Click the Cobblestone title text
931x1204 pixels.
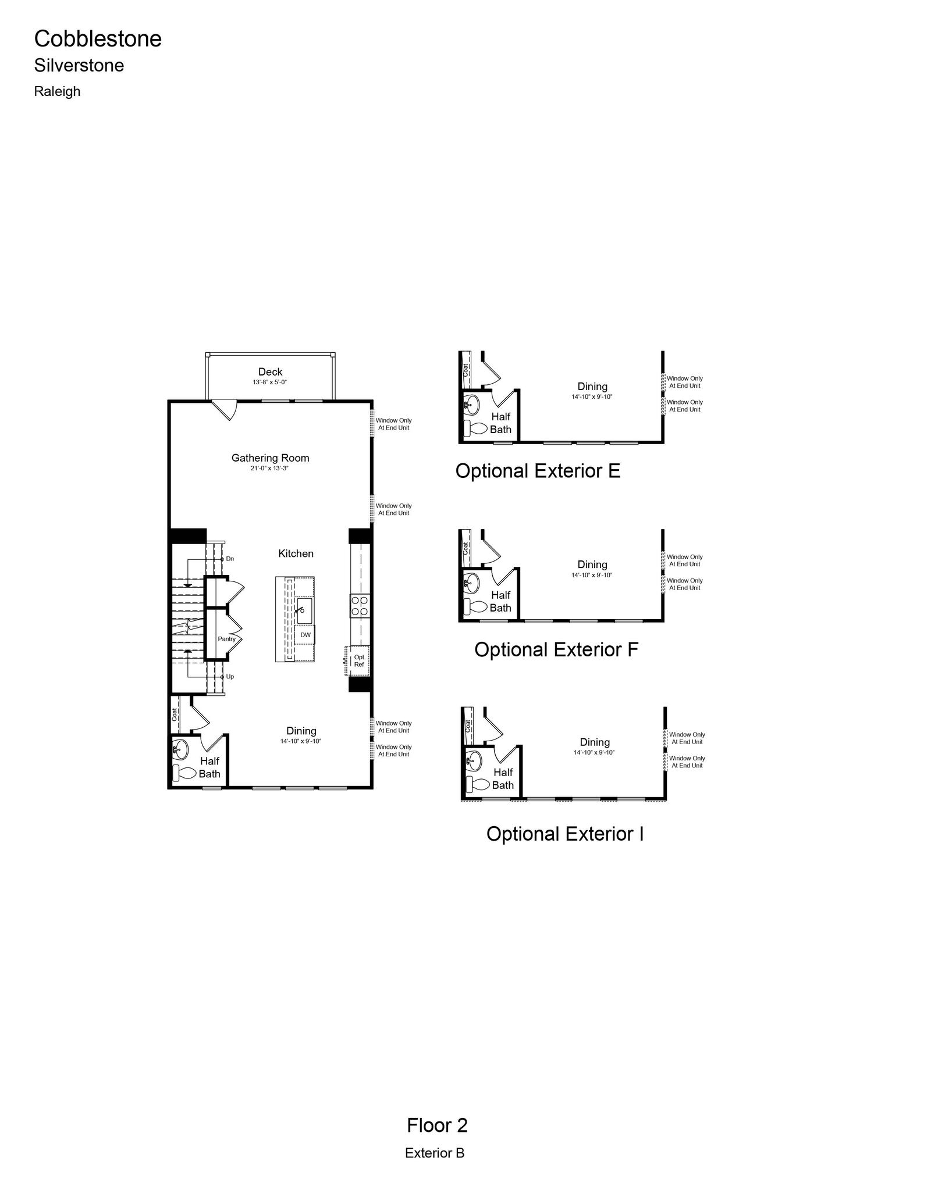[x=98, y=39]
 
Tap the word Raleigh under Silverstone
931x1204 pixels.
[x=57, y=91]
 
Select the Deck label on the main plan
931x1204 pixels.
[x=270, y=371]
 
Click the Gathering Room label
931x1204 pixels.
[x=270, y=458]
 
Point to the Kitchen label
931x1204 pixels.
[x=296, y=553]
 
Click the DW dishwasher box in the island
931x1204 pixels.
[x=305, y=635]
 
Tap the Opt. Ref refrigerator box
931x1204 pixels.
[x=358, y=661]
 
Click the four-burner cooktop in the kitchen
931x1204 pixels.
[x=360, y=606]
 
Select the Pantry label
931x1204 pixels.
[x=227, y=639]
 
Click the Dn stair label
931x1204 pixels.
[x=230, y=559]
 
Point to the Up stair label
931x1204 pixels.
[x=230, y=677]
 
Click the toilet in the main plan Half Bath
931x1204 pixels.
[x=184, y=773]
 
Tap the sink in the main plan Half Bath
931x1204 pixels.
[x=180, y=749]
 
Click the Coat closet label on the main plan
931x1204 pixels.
[x=174, y=714]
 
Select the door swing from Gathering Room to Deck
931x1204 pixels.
[x=225, y=409]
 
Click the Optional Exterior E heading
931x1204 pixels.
[x=538, y=471]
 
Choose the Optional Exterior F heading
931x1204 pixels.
[x=556, y=649]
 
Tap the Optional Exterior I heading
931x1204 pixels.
[x=565, y=834]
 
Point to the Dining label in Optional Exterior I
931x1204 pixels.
[x=595, y=742]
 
